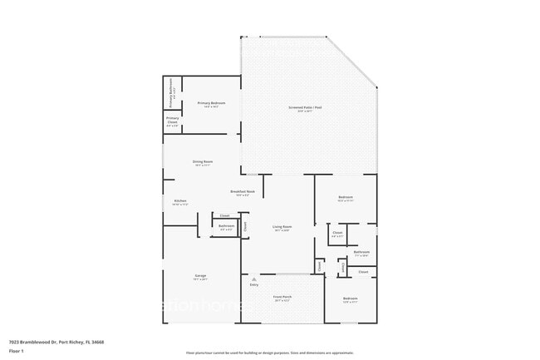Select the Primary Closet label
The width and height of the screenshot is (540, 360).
click(172, 121)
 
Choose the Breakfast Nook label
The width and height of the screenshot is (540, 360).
click(242, 192)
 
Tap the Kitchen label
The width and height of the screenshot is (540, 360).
click(179, 200)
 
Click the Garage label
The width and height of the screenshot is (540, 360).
click(200, 276)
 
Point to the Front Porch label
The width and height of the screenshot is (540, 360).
click(282, 297)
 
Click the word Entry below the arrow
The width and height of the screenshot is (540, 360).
click(254, 285)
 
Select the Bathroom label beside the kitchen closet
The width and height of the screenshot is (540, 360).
click(226, 225)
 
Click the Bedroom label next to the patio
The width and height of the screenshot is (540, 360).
click(346, 198)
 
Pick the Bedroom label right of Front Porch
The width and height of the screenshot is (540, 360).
click(351, 298)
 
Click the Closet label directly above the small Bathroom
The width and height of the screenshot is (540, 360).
click(224, 215)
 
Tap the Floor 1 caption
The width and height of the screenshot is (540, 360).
click(17, 351)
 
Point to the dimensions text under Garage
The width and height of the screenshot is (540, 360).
click(200, 280)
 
